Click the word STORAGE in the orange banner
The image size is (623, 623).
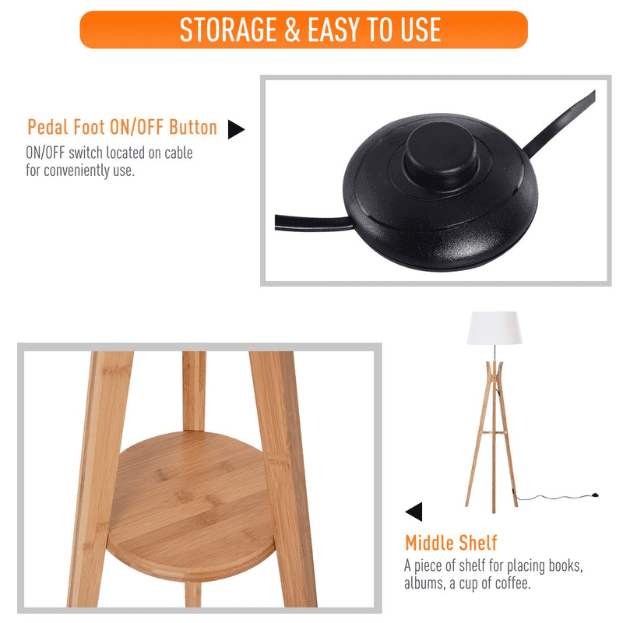[x=228, y=30]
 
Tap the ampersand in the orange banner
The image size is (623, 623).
[x=292, y=30]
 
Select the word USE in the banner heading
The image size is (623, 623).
[x=421, y=30]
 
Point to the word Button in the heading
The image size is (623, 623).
[x=193, y=127]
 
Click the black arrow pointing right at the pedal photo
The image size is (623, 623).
[x=236, y=129]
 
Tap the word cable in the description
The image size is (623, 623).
[x=179, y=153]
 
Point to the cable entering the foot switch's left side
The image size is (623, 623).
[x=313, y=222]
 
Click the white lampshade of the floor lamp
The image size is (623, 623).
[x=495, y=328]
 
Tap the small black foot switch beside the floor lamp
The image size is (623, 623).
[x=595, y=495]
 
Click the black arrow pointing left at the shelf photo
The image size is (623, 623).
[x=414, y=512]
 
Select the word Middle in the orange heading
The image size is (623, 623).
[x=428, y=543]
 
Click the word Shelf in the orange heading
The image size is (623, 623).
[x=477, y=543]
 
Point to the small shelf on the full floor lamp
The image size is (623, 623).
[x=493, y=432]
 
